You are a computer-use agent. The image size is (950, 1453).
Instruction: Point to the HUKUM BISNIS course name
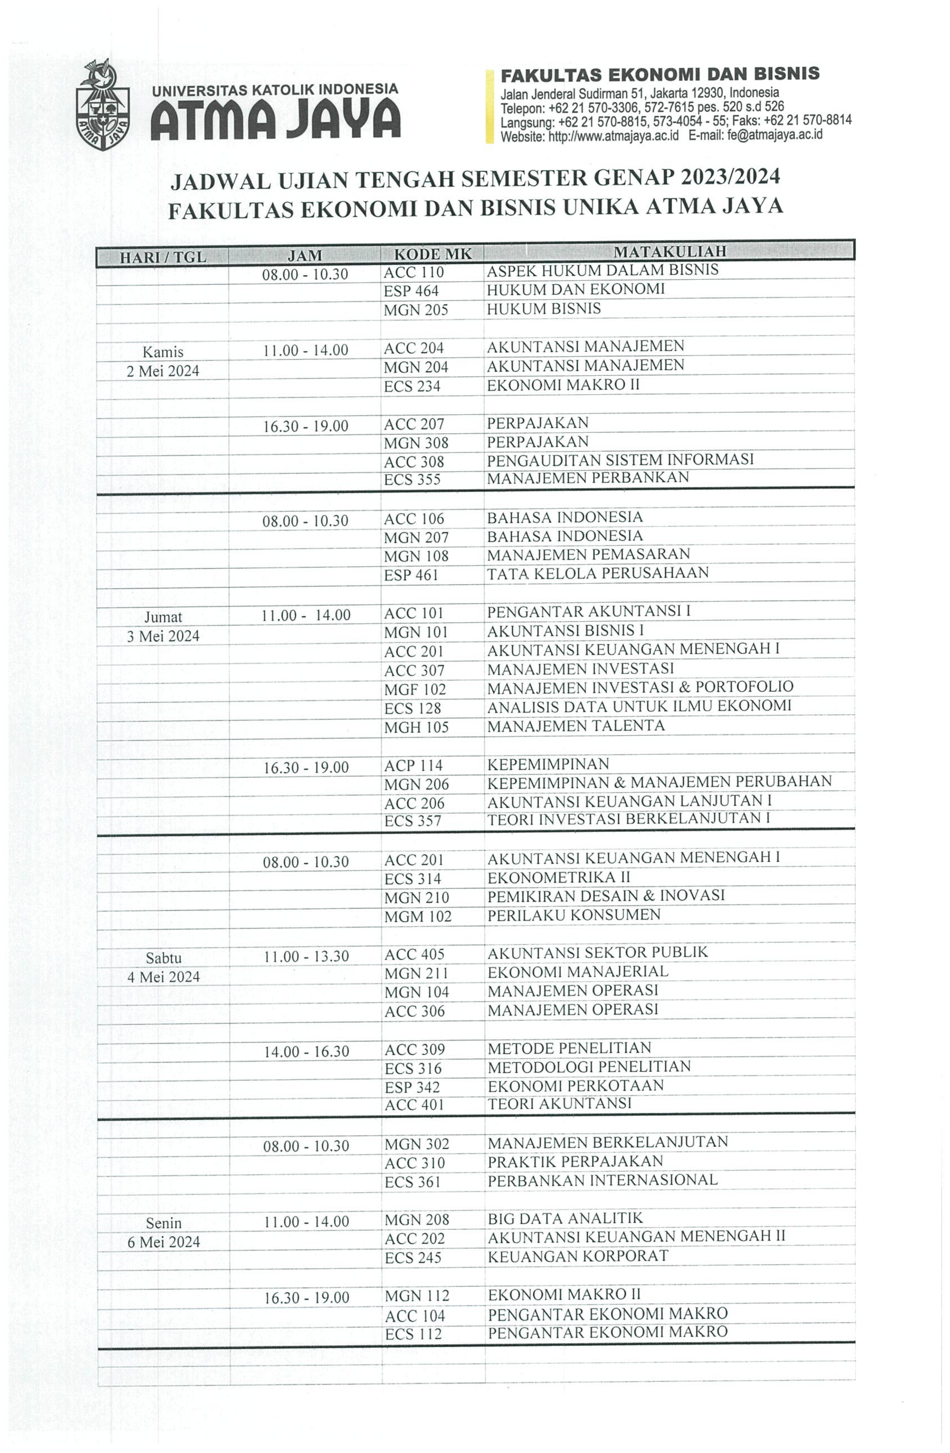544,309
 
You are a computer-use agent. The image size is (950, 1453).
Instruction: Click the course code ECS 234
412,386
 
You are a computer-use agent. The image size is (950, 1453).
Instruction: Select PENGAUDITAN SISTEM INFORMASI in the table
620,460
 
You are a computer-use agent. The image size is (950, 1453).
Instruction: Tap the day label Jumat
163,617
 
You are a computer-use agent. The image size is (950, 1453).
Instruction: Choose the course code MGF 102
415,690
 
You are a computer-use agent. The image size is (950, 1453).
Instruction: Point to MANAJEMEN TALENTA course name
575,726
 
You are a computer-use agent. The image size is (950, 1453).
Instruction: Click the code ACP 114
413,766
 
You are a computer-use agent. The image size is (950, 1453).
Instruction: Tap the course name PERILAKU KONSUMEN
573,915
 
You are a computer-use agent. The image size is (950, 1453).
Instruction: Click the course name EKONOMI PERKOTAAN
575,1086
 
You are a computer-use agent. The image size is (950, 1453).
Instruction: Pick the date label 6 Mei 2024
164,1243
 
